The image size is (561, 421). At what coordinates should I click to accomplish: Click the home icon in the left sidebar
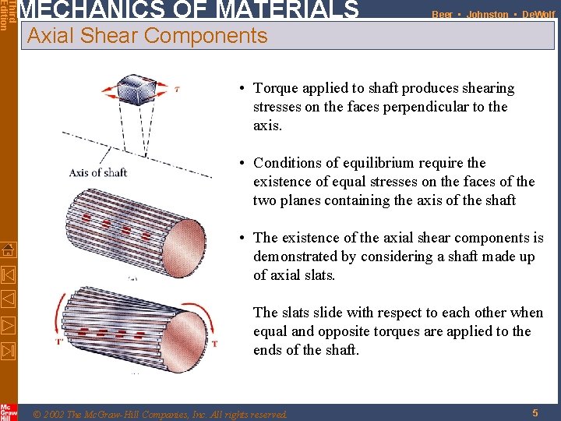point(8,250)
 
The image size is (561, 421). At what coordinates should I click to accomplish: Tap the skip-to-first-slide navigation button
point(8,274)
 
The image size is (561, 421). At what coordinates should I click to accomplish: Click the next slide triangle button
point(8,324)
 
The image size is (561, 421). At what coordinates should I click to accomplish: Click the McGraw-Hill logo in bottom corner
point(8,411)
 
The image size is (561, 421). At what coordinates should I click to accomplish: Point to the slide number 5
point(535,413)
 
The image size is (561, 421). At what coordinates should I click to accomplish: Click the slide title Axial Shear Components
point(147,35)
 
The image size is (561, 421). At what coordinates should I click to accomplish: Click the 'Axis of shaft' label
point(97,172)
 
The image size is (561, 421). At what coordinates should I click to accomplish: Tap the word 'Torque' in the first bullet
point(277,88)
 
